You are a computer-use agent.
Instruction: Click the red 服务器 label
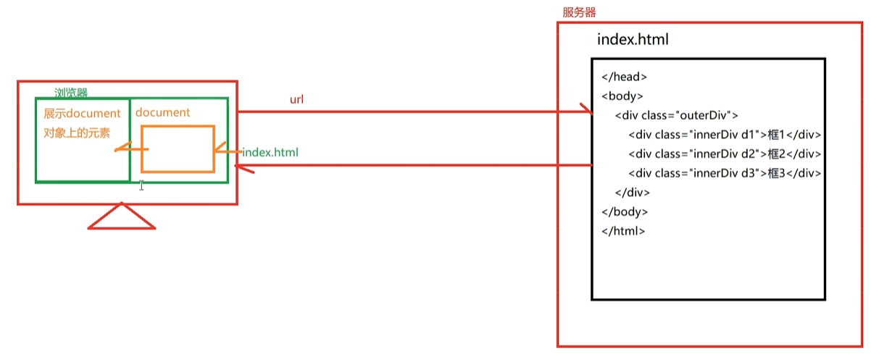point(579,12)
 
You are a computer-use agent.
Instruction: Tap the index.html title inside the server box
point(632,40)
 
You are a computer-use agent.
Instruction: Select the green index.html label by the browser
point(270,153)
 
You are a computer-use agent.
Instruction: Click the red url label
point(296,99)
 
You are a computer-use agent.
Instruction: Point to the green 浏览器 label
point(71,93)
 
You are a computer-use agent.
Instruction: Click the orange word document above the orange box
point(162,112)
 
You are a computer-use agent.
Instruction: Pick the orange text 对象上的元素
point(77,133)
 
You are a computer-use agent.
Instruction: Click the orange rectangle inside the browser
point(178,149)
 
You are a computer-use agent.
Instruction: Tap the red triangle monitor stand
point(122,217)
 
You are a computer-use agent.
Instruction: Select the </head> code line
point(624,77)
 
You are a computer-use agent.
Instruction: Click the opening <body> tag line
point(622,96)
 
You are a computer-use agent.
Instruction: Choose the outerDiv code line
point(676,115)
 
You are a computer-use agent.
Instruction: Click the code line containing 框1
point(724,135)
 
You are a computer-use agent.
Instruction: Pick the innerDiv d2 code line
point(724,154)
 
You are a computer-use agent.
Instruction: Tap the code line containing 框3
point(724,173)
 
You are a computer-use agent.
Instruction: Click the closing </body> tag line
point(625,212)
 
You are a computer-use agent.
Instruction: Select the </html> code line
point(623,231)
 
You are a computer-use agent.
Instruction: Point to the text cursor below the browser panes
point(141,185)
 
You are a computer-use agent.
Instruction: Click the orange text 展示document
point(82,114)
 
